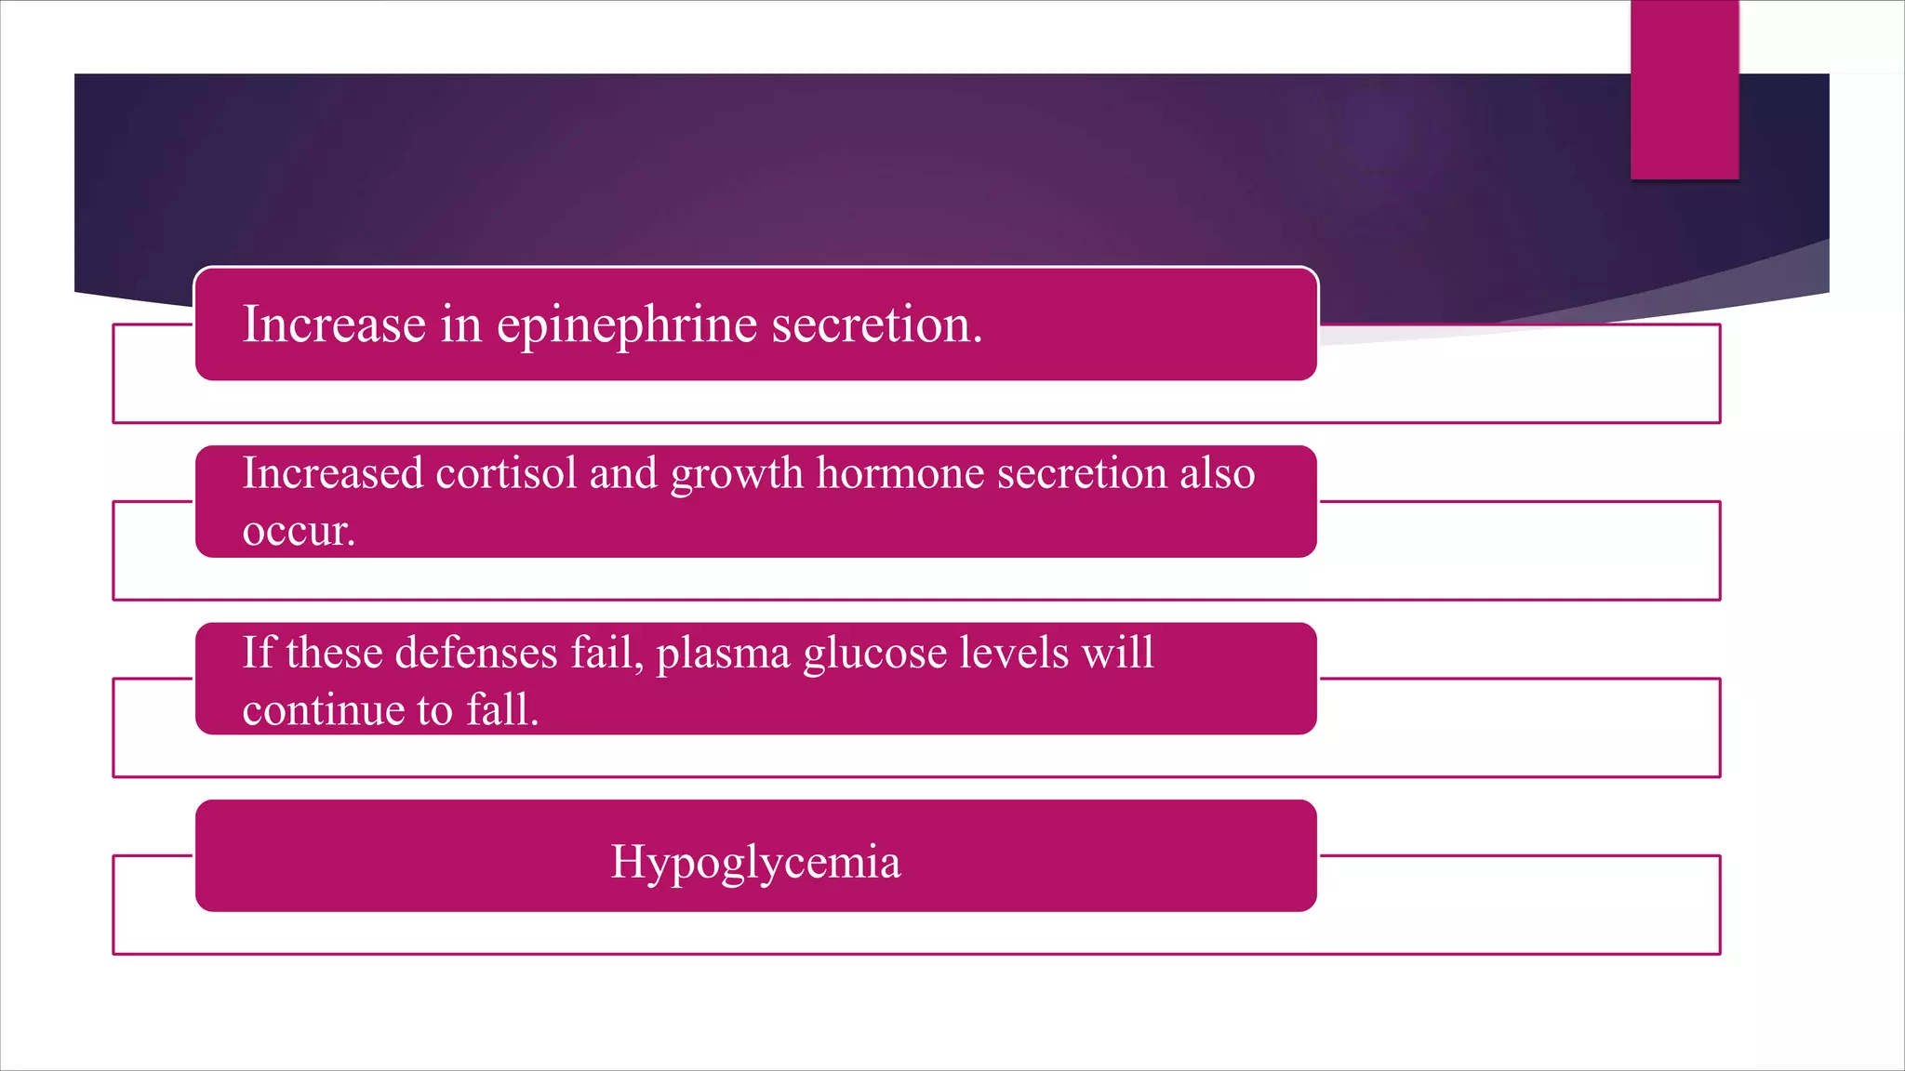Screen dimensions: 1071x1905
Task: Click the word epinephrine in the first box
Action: pyautogui.click(x=627, y=326)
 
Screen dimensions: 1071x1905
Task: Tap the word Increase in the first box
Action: pyautogui.click(x=334, y=324)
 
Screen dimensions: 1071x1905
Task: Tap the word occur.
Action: pyautogui.click(x=299, y=532)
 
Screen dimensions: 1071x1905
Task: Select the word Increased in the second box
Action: pyautogui.click(x=333, y=473)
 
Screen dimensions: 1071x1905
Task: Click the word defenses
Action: pyautogui.click(x=476, y=653)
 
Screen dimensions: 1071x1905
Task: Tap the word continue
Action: pyautogui.click(x=324, y=710)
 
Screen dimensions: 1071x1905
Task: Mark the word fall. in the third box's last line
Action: pyautogui.click(x=502, y=709)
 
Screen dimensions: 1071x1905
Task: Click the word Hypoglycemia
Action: pyautogui.click(x=755, y=863)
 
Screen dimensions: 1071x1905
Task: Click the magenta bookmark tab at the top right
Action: pyautogui.click(x=1685, y=89)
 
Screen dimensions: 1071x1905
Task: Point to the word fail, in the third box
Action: pyautogui.click(x=606, y=653)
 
